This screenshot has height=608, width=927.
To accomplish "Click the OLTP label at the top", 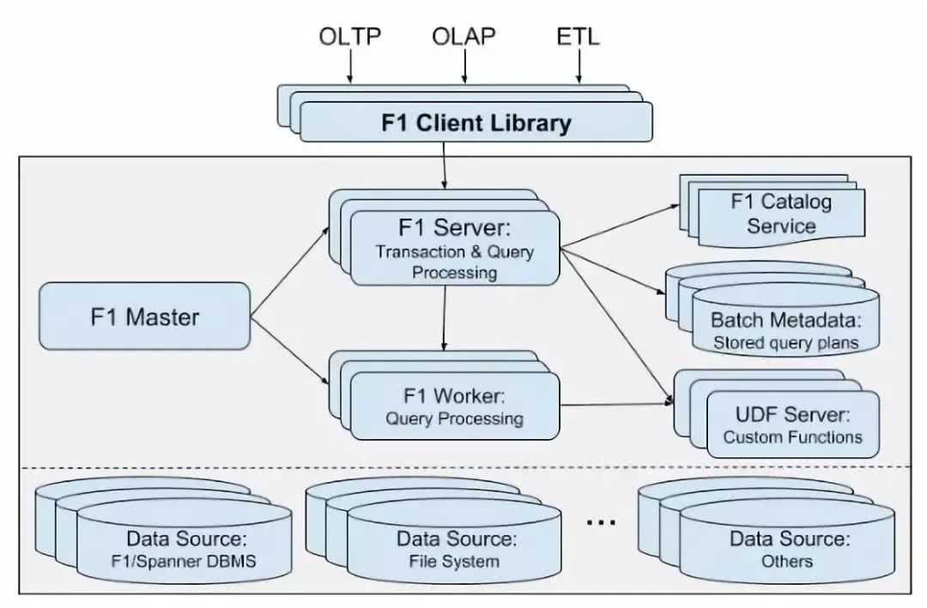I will [x=349, y=37].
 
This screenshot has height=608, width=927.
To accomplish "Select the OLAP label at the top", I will [x=463, y=37].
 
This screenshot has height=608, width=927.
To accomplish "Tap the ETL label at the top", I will [x=578, y=37].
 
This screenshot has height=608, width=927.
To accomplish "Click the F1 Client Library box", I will [x=476, y=122].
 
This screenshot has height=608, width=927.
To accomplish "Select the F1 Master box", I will [x=144, y=316].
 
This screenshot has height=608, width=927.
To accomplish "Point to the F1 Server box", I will [x=454, y=250].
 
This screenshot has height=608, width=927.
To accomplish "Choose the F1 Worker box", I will [x=454, y=407].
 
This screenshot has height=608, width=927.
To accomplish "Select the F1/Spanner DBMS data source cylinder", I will [x=184, y=550].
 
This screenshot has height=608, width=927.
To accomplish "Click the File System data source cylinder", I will [x=455, y=550].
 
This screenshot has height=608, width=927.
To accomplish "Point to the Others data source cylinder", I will [x=787, y=550].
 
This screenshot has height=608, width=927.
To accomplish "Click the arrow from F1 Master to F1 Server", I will [x=289, y=272].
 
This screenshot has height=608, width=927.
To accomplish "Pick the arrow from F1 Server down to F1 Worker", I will [x=443, y=317].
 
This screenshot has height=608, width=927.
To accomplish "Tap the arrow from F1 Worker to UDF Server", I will [x=616, y=403].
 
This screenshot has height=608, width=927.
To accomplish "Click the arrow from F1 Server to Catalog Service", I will [x=618, y=227].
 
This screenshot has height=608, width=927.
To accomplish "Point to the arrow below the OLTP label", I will [x=349, y=67].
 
